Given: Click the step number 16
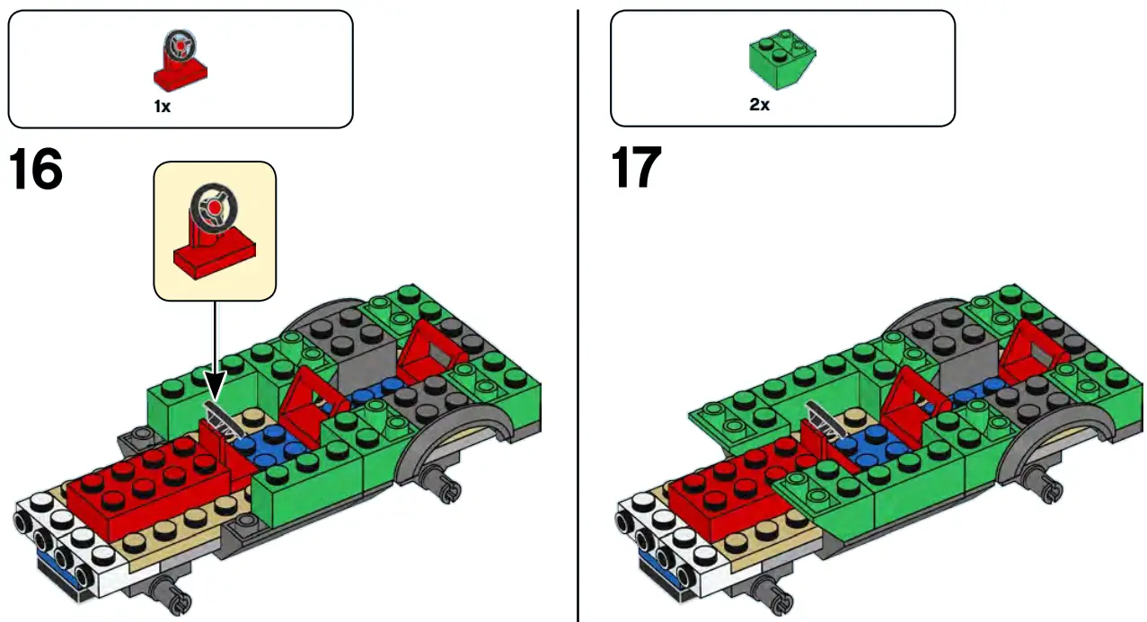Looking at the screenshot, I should click(x=36, y=171).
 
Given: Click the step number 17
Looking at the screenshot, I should click(x=636, y=169).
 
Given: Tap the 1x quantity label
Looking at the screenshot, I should click(x=162, y=105).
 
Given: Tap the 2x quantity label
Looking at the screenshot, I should click(x=759, y=105).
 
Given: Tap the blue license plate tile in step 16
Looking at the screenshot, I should click(x=58, y=573).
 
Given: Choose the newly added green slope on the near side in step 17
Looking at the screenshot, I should click(x=813, y=503).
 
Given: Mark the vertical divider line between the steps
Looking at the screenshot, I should click(x=578, y=314).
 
